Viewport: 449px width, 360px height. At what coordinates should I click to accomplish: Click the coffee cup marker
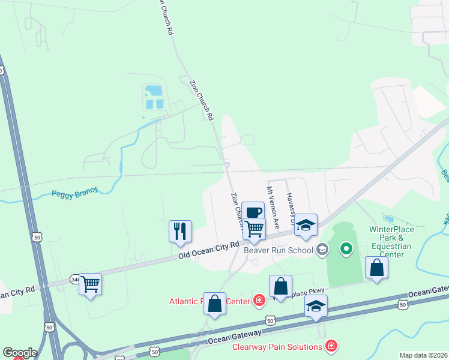click(x=253, y=212)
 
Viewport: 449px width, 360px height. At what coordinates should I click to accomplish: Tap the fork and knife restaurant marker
click(x=180, y=230)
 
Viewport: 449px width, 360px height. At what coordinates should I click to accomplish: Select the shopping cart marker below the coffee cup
click(x=255, y=229)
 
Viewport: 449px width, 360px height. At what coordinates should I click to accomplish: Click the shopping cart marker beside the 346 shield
click(x=90, y=284)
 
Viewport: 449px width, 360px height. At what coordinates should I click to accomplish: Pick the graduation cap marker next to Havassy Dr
click(x=306, y=225)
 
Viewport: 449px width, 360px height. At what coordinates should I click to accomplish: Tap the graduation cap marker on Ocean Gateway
click(x=316, y=306)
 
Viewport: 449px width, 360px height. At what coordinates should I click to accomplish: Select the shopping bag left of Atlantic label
click(x=214, y=303)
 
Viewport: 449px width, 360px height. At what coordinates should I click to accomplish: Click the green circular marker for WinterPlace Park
click(x=346, y=248)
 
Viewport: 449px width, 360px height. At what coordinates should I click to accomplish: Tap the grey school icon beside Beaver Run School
click(x=322, y=248)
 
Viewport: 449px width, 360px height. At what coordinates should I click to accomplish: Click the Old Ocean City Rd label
click(x=209, y=251)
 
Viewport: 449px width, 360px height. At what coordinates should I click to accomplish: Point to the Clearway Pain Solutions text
click(x=277, y=347)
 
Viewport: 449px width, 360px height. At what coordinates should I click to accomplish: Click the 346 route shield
click(x=74, y=279)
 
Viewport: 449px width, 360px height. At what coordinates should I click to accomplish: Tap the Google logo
click(x=20, y=353)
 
